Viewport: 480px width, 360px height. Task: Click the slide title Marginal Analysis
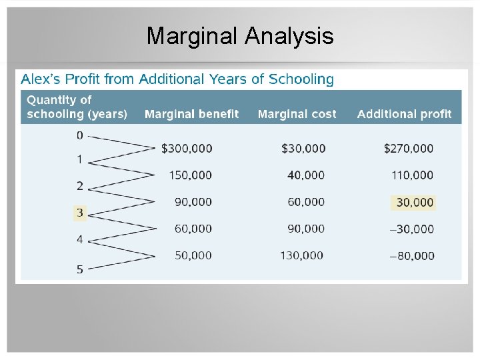click(x=240, y=36)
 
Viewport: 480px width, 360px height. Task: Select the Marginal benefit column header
click(x=191, y=114)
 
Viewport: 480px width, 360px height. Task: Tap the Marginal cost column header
click(x=297, y=114)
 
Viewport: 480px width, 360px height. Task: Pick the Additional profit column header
click(x=404, y=114)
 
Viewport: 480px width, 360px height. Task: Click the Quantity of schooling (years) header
click(x=77, y=107)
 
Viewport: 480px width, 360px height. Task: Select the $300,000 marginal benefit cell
click(x=187, y=149)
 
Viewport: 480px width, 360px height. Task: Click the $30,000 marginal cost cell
click(x=303, y=149)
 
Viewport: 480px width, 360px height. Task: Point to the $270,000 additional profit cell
click(x=408, y=149)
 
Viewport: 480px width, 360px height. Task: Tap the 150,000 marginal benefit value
click(x=190, y=175)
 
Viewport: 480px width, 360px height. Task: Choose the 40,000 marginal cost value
click(x=306, y=175)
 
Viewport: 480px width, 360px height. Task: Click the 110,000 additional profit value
click(x=411, y=175)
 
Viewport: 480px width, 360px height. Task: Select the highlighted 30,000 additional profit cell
click(x=414, y=202)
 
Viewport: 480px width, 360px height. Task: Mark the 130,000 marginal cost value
click(x=301, y=255)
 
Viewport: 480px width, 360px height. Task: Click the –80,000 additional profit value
click(x=411, y=255)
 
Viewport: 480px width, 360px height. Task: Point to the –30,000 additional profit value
click(x=411, y=229)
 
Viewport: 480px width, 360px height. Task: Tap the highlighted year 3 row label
click(x=79, y=213)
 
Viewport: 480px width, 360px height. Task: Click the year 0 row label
click(x=79, y=135)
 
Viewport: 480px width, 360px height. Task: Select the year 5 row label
click(x=79, y=269)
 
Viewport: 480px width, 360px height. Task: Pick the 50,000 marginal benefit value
click(x=193, y=255)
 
